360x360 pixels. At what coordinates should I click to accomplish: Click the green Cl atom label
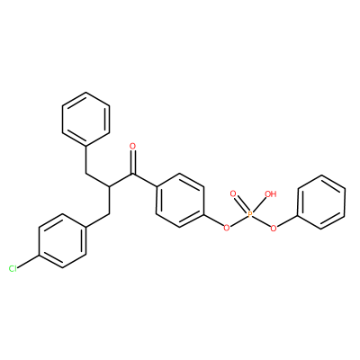click(x=13, y=269)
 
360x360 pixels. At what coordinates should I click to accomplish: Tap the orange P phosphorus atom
click(x=250, y=214)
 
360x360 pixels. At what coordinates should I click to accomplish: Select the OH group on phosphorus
click(x=270, y=194)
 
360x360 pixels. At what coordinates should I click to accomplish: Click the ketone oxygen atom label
click(x=133, y=147)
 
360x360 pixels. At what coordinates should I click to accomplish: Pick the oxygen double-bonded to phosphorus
click(x=233, y=193)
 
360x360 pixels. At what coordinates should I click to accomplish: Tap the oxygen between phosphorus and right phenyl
click(x=274, y=229)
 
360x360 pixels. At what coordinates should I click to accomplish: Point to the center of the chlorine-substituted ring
click(x=63, y=241)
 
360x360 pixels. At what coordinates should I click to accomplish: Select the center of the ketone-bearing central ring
click(x=180, y=201)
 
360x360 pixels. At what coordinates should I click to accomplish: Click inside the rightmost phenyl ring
click(x=321, y=202)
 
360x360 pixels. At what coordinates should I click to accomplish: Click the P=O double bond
click(x=241, y=204)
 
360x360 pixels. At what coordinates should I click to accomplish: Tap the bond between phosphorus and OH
click(x=259, y=205)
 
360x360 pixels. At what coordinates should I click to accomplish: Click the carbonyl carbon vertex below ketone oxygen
click(x=133, y=174)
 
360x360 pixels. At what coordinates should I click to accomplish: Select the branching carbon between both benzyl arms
click(x=109, y=187)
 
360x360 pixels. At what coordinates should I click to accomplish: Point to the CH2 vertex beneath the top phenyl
click(x=86, y=174)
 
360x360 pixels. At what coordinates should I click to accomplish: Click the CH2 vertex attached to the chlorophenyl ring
click(x=109, y=214)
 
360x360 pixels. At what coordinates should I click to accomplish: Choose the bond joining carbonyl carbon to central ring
click(x=145, y=180)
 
